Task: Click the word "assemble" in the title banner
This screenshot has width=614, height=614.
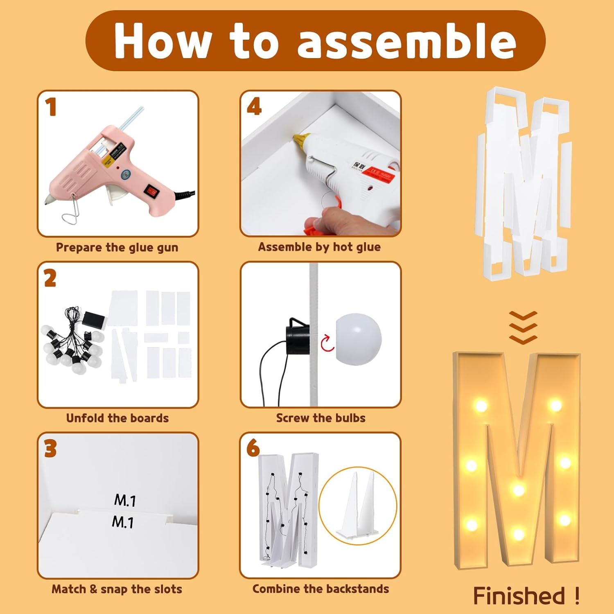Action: (x=406, y=41)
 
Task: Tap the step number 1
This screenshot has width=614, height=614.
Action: (x=51, y=107)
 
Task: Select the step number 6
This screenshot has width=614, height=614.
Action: (x=253, y=448)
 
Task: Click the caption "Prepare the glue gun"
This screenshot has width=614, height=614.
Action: (x=117, y=247)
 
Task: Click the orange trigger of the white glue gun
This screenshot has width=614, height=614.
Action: (x=323, y=217)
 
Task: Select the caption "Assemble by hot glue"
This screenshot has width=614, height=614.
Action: (x=319, y=247)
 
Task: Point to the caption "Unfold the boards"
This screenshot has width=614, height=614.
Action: (x=117, y=418)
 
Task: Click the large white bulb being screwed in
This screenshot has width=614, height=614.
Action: (x=359, y=339)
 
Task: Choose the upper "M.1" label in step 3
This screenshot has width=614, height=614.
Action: (x=125, y=500)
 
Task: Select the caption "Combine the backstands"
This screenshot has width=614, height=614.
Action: (x=321, y=589)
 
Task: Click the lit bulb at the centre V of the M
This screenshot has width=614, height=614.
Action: (x=519, y=490)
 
